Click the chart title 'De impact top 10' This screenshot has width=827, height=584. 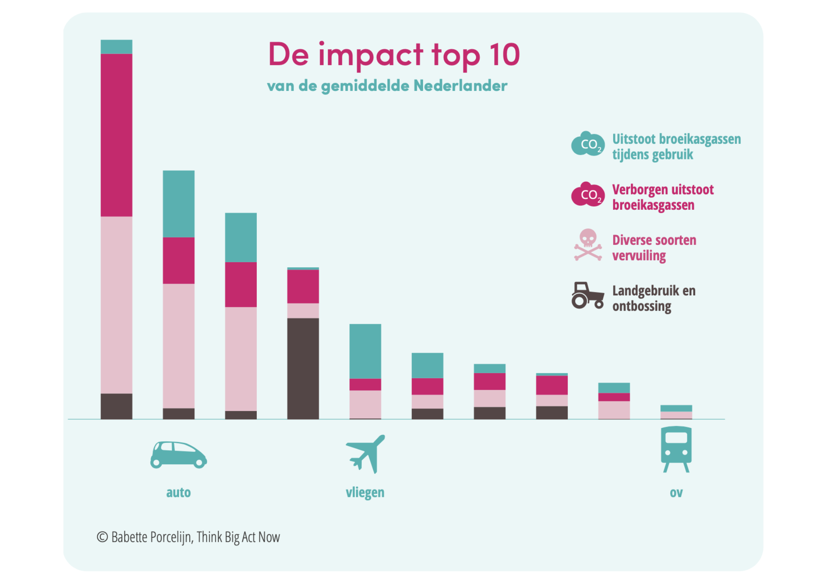click(394, 55)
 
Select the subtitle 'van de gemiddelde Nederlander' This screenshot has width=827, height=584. click(387, 86)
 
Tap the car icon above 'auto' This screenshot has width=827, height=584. click(178, 455)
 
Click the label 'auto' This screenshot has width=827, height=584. click(178, 492)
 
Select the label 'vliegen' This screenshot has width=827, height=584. click(365, 492)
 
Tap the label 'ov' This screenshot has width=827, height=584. click(676, 492)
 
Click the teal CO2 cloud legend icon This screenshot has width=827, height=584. click(588, 144)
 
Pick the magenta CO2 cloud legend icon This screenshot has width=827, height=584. click(588, 194)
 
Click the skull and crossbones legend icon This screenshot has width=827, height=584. click(588, 245)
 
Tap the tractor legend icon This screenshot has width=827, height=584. click(588, 295)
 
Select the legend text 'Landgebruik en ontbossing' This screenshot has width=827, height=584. click(654, 298)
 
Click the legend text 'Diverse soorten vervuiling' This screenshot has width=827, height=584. click(654, 247)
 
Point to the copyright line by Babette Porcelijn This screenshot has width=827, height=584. click(189, 537)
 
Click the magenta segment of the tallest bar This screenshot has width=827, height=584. click(117, 135)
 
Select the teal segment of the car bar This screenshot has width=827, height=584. click(179, 204)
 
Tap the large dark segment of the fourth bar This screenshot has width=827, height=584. click(303, 368)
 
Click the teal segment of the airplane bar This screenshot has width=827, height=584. click(365, 351)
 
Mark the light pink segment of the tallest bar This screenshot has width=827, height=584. click(117, 305)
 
